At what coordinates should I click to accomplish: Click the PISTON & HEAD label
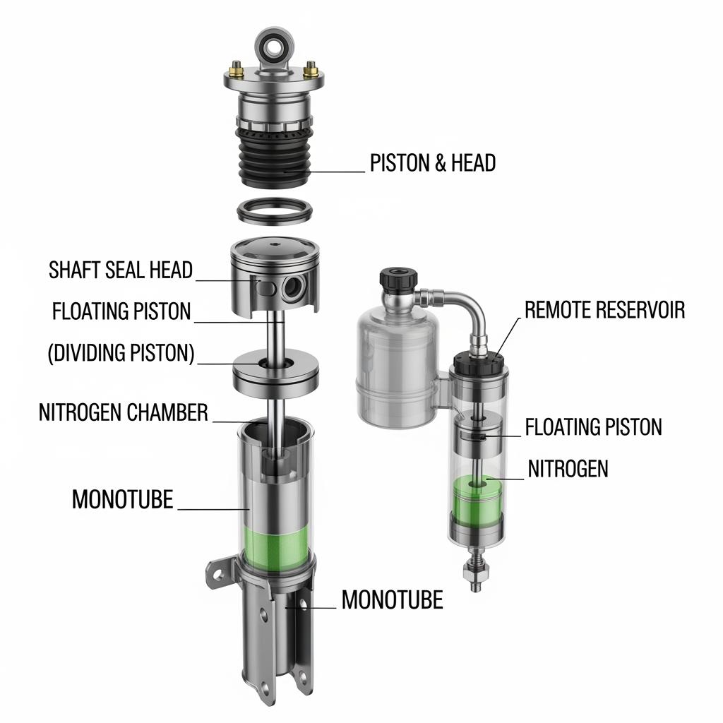[433, 163]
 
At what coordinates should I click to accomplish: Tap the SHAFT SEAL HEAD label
[121, 270]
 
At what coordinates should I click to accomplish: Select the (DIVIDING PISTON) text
[121, 353]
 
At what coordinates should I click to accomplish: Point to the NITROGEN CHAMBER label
[123, 412]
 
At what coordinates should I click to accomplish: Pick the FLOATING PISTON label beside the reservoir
[593, 426]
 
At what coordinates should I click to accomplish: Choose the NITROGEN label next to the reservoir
[568, 469]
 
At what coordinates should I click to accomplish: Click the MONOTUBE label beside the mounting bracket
[392, 599]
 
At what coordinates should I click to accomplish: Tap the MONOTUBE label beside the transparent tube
[123, 499]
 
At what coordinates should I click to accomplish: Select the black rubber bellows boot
[275, 157]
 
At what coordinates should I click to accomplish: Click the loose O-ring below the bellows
[275, 212]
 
